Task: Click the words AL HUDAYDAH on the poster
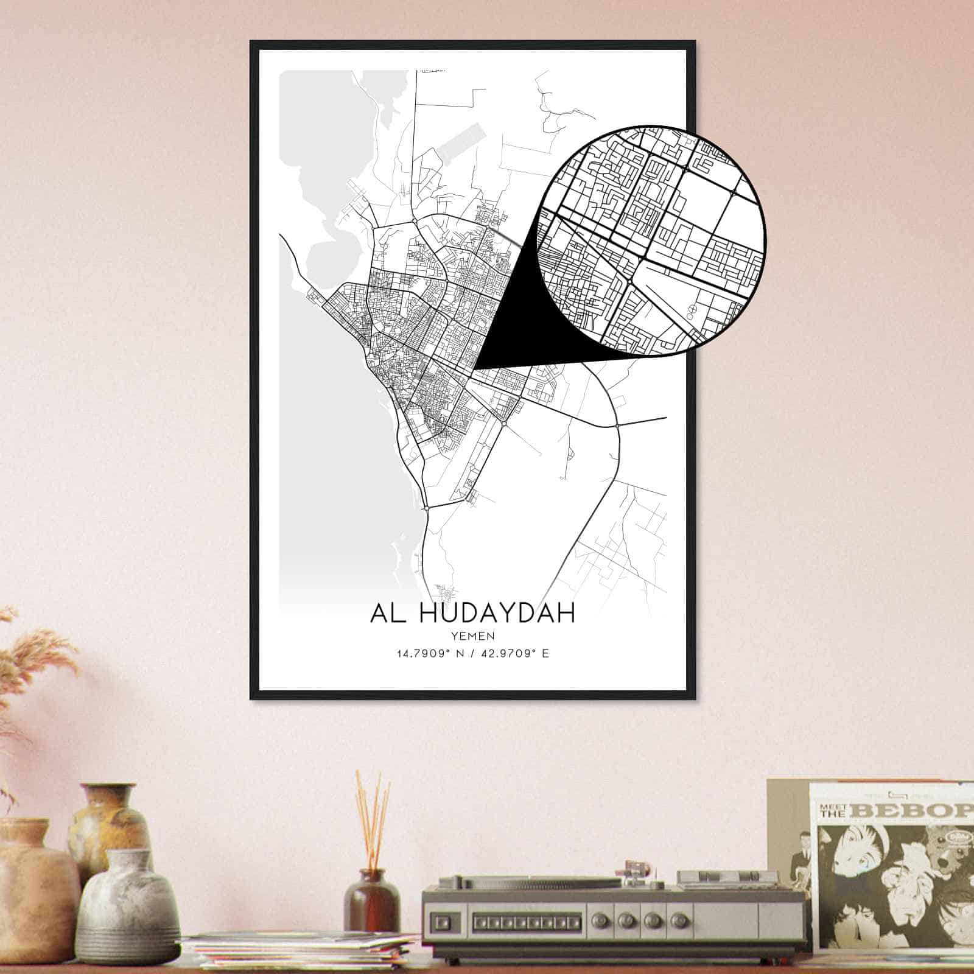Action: [x=472, y=613]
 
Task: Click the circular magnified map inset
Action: [x=651, y=239]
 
